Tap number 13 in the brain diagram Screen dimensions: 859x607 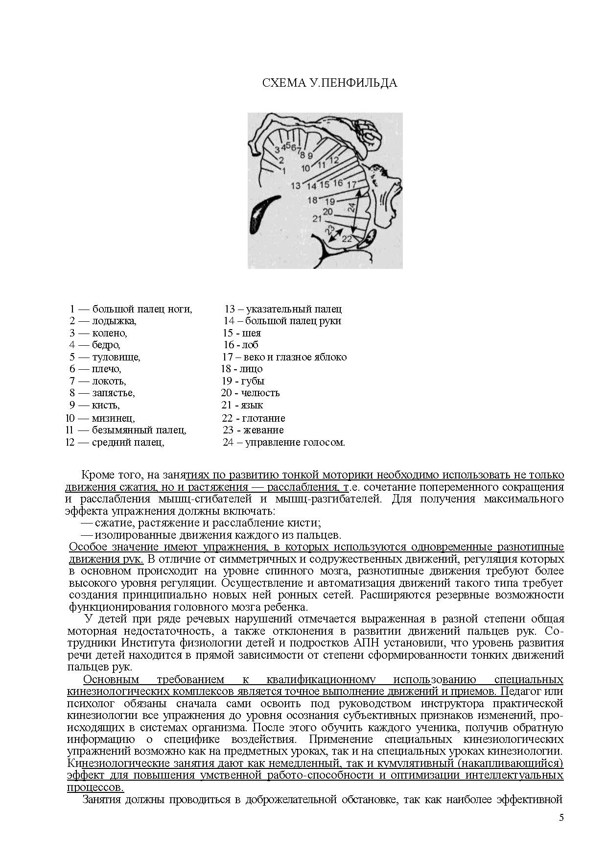[295, 186]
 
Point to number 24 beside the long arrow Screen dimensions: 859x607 [351, 207]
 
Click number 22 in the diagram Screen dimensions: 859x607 [347, 239]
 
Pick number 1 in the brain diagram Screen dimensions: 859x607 [284, 170]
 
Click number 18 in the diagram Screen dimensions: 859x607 [312, 200]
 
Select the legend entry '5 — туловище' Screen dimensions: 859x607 [105, 357]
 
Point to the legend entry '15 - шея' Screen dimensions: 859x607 [242, 333]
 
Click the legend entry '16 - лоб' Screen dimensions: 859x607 [240, 345]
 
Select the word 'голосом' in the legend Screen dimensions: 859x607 [325, 442]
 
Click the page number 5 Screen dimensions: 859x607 [561, 817]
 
